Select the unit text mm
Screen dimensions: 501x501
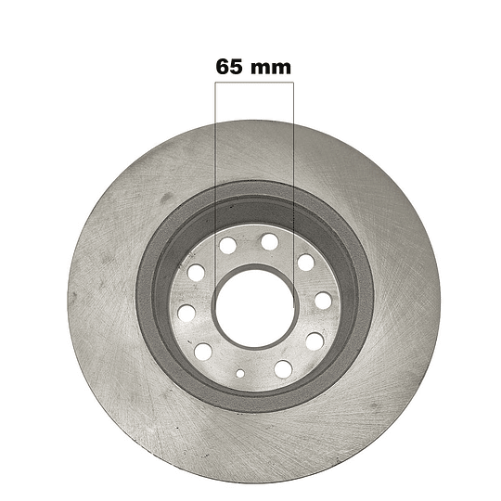tap(271, 69)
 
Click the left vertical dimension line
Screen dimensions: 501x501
tap(215, 186)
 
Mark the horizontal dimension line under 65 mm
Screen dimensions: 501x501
tap(254, 83)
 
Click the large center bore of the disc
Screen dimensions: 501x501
tap(254, 308)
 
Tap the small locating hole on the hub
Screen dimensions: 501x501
tap(240, 373)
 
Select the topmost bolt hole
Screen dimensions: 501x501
tap(270, 241)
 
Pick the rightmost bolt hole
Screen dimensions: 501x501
tap(323, 301)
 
